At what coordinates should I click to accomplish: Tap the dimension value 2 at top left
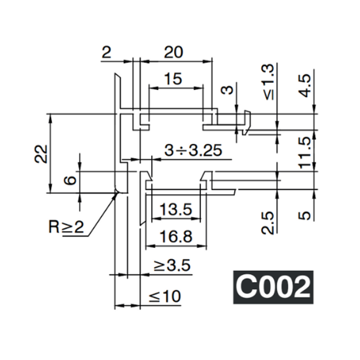[x=106, y=52]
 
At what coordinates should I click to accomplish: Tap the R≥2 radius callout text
[x=67, y=227]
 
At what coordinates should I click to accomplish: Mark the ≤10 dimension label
[x=164, y=296]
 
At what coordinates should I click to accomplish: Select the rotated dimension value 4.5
[x=305, y=85]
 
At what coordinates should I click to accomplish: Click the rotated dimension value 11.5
[x=305, y=152]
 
